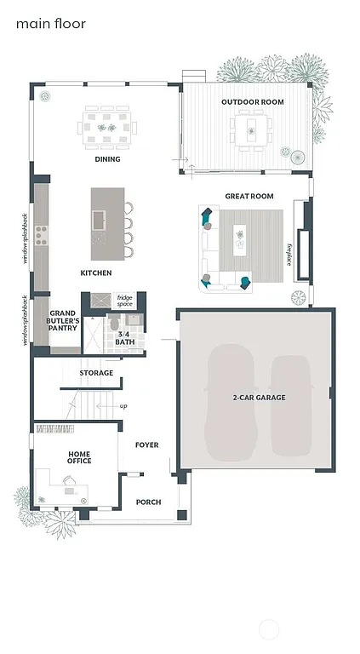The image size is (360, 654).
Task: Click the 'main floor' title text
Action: (x=51, y=24)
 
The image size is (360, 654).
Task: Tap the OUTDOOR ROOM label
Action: (x=253, y=102)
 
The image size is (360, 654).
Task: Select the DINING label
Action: (x=107, y=159)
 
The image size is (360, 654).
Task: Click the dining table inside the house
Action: (x=107, y=128)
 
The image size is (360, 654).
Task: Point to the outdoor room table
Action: (x=252, y=130)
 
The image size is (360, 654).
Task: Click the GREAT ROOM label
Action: (x=249, y=196)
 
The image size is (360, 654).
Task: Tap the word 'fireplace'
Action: (x=289, y=254)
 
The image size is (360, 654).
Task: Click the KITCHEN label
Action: (x=96, y=273)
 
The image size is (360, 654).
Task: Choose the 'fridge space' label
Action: (x=125, y=301)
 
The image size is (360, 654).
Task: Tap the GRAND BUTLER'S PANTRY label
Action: (x=63, y=320)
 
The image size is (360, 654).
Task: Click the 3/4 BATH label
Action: (x=125, y=338)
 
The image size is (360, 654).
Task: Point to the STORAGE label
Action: (x=96, y=373)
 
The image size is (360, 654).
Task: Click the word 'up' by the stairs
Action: (x=123, y=406)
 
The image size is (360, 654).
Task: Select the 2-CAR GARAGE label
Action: (x=259, y=398)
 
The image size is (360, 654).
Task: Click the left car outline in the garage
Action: (x=231, y=400)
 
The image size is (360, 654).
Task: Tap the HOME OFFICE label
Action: (x=80, y=458)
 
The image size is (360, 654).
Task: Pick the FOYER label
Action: (x=147, y=445)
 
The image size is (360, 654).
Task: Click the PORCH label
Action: (x=148, y=502)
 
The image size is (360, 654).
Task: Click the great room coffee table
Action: (x=240, y=238)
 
